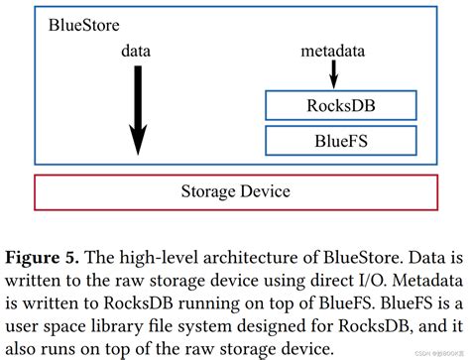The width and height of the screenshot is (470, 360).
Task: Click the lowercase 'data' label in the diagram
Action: pos(138,49)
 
